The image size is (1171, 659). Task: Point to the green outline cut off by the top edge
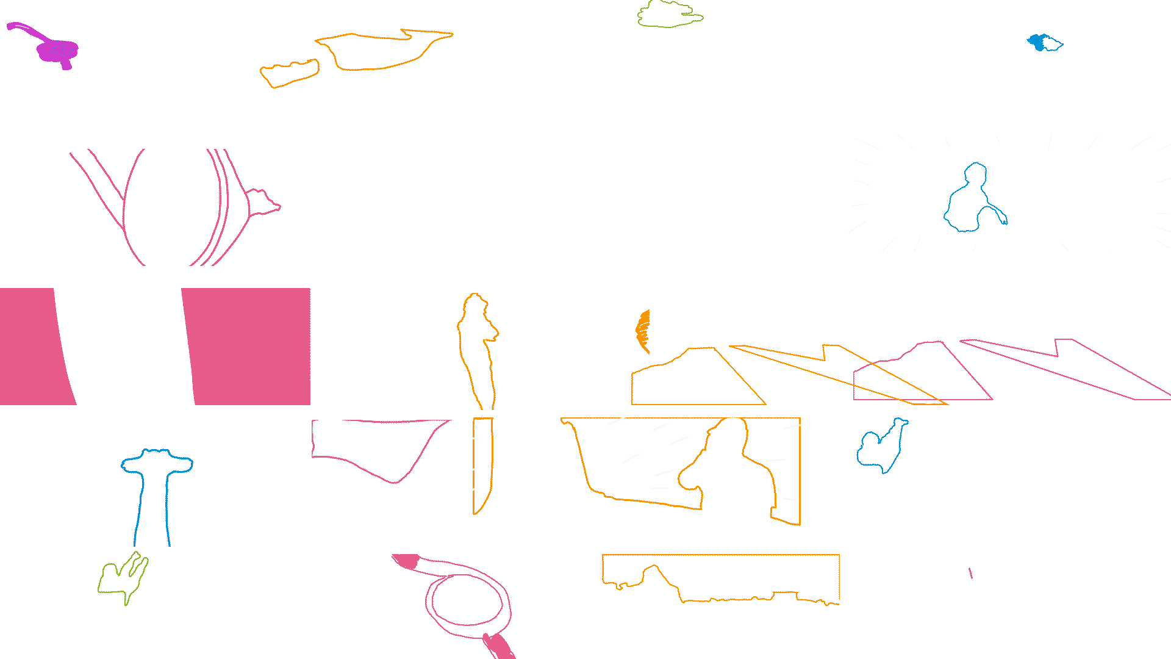click(x=669, y=15)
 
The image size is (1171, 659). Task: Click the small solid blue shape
click(x=1037, y=42)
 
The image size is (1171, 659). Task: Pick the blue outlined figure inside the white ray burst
click(x=970, y=201)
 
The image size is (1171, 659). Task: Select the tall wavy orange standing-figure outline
click(x=479, y=348)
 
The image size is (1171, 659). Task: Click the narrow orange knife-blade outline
click(x=482, y=464)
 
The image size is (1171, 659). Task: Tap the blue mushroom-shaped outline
click(x=156, y=482)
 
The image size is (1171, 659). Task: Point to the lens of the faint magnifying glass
click(x=467, y=601)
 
